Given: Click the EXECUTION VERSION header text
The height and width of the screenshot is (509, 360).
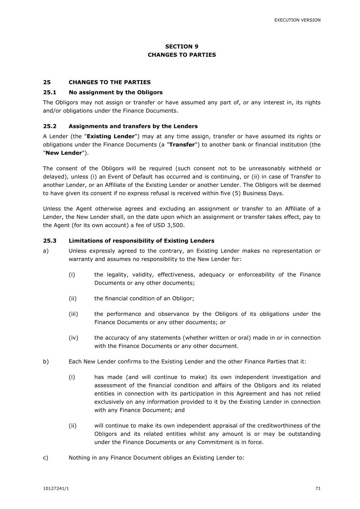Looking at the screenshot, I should click(297, 20).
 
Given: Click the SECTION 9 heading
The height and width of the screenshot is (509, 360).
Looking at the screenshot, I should click(182, 47).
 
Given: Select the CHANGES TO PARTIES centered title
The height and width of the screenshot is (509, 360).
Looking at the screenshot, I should click(182, 55).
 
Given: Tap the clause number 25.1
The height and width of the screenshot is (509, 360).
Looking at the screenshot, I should click(50, 92).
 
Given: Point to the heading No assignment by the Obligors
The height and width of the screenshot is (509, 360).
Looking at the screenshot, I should click(116, 92).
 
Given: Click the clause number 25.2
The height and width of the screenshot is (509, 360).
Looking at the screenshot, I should click(50, 126).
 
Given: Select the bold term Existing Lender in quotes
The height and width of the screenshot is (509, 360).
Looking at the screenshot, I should click(110, 136).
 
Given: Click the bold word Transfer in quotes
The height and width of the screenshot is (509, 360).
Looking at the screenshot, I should click(182, 145).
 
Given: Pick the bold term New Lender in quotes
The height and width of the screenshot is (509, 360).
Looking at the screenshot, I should click(63, 153).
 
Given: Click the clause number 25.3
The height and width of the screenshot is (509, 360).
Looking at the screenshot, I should click(50, 241).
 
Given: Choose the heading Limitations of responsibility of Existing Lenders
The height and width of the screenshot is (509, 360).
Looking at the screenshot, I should click(141, 241).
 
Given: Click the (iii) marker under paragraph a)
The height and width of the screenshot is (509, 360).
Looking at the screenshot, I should click(73, 314).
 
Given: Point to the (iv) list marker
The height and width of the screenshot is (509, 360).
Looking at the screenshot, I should click(73, 338).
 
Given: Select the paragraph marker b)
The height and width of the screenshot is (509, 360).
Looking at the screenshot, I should click(46, 362).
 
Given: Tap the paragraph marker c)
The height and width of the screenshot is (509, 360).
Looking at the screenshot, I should click(46, 458).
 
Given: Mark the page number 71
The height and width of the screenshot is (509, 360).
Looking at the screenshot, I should click(318, 489).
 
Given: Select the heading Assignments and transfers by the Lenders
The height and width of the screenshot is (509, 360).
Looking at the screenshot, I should click(133, 126).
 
